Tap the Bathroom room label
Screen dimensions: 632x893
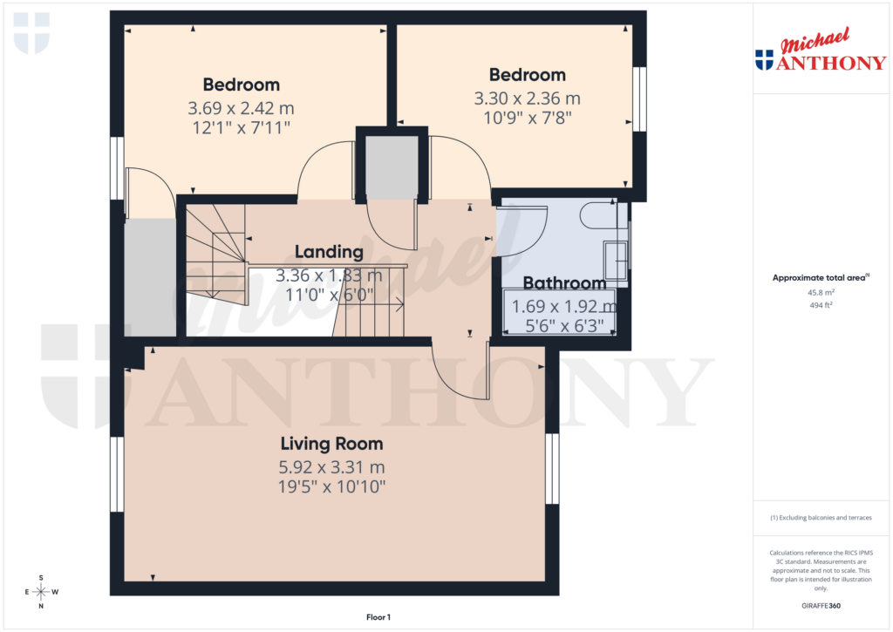(x=564, y=283)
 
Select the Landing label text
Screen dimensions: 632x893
(x=328, y=252)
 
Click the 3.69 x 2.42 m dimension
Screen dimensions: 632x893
(x=241, y=109)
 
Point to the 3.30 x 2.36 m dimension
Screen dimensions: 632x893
(x=527, y=99)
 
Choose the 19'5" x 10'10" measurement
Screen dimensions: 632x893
(x=331, y=486)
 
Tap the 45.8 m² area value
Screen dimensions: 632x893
(x=821, y=293)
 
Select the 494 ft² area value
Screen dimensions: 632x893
(x=821, y=305)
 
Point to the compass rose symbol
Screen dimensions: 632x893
(x=41, y=592)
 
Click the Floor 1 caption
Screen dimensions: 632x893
(x=378, y=617)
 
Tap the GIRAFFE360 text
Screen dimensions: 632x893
(x=821, y=606)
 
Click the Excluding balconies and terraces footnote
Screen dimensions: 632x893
(x=821, y=518)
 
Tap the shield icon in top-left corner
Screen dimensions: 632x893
(x=32, y=33)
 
